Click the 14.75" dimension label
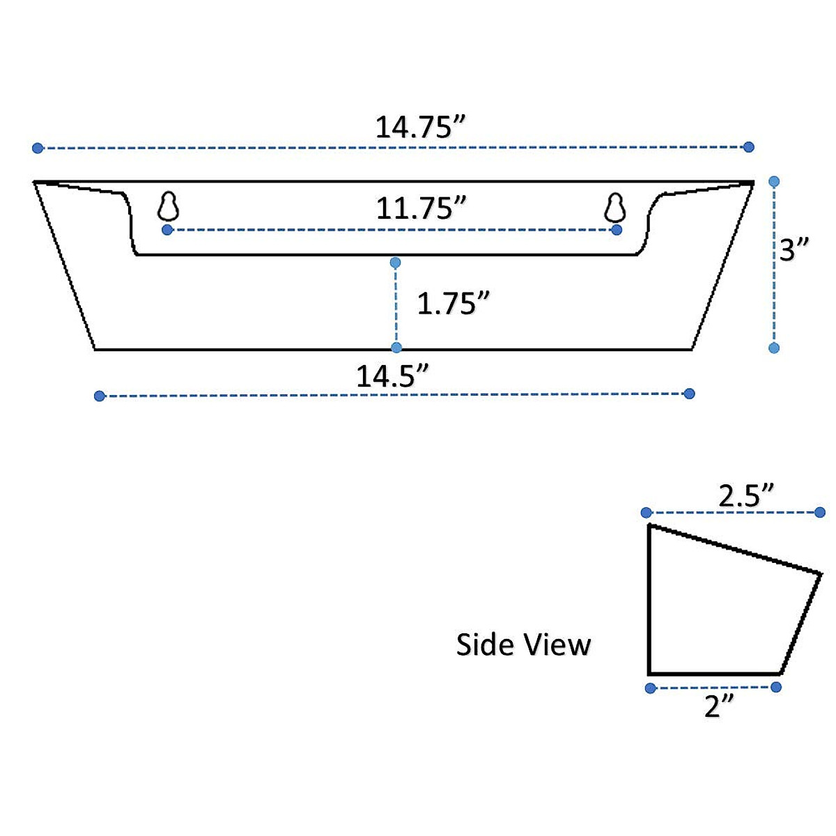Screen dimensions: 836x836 pos(419,127)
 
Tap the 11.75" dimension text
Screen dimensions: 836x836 pos(421,208)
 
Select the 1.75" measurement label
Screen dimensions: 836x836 pos(453,304)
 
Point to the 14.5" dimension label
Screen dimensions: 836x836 pos(392,376)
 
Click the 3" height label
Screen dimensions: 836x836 pos(794,249)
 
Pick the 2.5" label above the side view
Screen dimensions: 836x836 pos(746,496)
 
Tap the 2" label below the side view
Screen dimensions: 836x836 pos(719,706)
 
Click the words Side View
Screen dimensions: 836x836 pos(523,644)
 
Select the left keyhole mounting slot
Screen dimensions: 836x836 pos(169,207)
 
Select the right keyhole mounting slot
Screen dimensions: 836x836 pos(614,207)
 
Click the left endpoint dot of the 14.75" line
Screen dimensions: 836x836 pos(38,148)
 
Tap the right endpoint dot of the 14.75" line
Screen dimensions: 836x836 pos(749,147)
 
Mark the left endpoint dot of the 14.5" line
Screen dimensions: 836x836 pos(99,396)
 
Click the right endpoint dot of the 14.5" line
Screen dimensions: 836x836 pos(690,394)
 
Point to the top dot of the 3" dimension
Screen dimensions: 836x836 pos(774,182)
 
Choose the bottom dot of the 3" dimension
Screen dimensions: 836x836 pos(773,348)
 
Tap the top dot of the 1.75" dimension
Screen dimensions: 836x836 pos(396,263)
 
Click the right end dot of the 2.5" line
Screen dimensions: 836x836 pos(820,513)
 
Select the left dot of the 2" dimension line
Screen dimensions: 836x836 pos(650,688)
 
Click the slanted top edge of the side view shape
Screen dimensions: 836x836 pos(735,550)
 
